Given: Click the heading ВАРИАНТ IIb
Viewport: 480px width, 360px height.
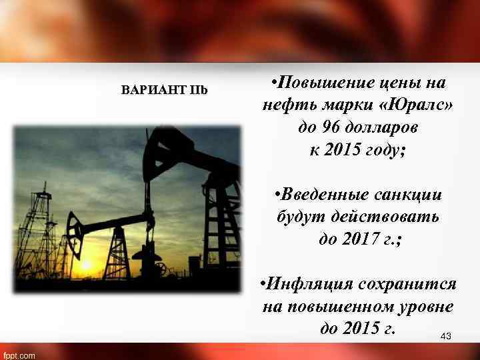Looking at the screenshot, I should click(x=164, y=90).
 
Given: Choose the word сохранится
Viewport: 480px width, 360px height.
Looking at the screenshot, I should click(x=407, y=285).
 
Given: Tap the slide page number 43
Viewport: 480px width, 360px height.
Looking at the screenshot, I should click(x=446, y=337).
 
